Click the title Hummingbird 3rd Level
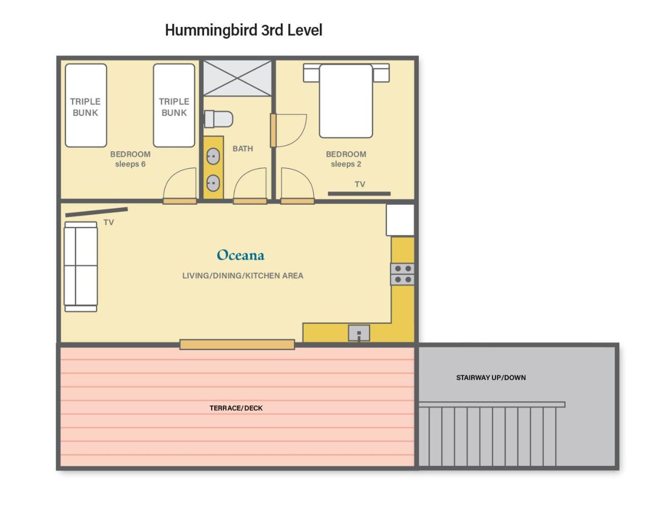[243, 30]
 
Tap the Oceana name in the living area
[241, 255]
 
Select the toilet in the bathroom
[218, 119]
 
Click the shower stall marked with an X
[237, 78]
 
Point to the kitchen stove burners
[403, 274]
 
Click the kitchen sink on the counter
[359, 333]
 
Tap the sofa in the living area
[81, 267]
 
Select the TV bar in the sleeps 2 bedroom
[359, 194]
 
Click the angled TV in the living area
[96, 212]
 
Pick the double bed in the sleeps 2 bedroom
[346, 101]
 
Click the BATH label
[243, 148]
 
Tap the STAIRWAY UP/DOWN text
[491, 377]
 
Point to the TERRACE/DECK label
[236, 408]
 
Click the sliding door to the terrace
[237, 344]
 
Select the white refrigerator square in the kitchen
[400, 220]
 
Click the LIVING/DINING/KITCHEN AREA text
[243, 275]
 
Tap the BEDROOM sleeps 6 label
[130, 159]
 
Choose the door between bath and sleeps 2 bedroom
[288, 131]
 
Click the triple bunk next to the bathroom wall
[174, 106]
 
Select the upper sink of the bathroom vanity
[213, 156]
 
